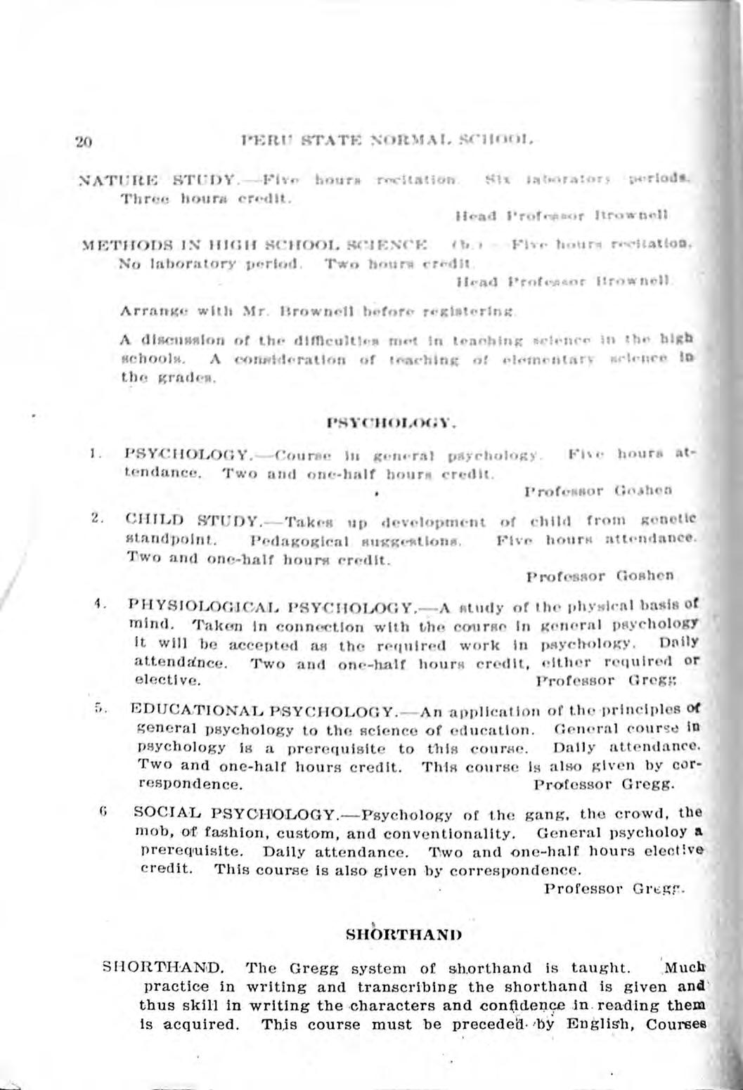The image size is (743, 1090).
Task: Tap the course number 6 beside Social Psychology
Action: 103,813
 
